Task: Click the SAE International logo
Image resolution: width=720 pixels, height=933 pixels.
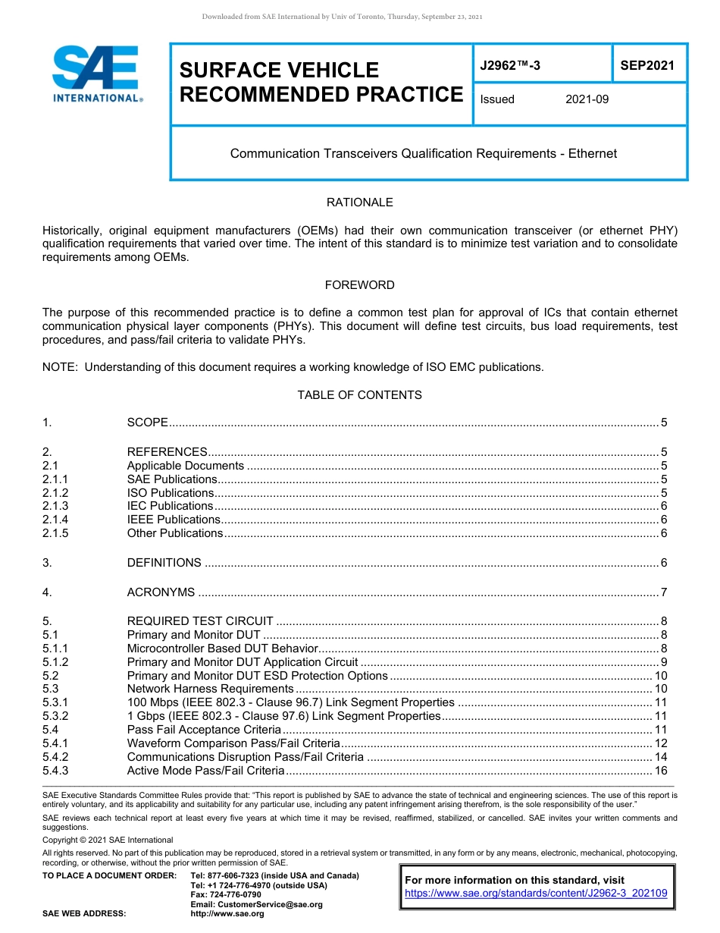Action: coord(96,74)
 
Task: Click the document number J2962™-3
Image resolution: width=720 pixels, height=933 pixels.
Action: coord(510,66)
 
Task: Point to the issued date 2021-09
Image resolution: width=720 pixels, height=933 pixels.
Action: coord(587,99)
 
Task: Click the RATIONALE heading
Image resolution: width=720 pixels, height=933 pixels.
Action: coord(359,203)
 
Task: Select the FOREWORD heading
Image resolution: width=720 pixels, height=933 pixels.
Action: coord(359,285)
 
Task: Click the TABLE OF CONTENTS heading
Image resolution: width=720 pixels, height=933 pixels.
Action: coord(359,395)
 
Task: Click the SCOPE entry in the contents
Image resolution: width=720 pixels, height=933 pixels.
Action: coord(147,423)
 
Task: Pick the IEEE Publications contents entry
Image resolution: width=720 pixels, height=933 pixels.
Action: coord(174,520)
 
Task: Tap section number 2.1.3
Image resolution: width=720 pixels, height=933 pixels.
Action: coord(55,506)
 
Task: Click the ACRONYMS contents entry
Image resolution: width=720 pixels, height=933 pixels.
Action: coord(161,592)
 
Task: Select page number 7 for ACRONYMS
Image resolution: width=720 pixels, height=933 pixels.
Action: coord(663,592)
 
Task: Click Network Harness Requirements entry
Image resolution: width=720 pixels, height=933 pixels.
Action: coord(210,689)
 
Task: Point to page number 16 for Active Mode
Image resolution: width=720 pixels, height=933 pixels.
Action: coord(660,771)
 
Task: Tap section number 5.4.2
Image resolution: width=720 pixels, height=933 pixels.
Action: coord(55,757)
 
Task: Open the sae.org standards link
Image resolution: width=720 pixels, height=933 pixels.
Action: coord(536,894)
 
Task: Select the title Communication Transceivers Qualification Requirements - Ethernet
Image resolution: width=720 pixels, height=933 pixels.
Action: coord(423,153)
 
